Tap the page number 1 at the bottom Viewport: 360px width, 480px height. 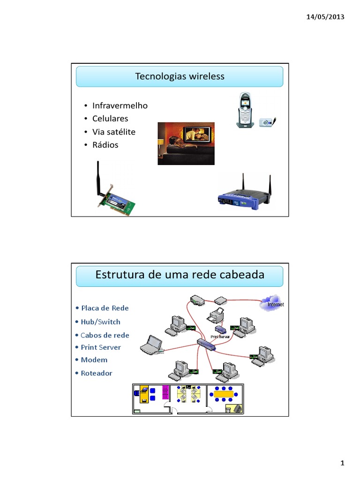tap(342, 464)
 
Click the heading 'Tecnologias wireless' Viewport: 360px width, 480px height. tap(180, 76)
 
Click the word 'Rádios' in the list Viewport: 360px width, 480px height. tap(105, 145)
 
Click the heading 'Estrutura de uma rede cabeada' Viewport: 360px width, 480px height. tap(180, 275)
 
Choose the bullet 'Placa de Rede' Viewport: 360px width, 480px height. tap(105, 308)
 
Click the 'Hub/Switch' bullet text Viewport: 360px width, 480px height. tap(100, 322)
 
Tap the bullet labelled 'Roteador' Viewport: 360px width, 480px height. tap(96, 373)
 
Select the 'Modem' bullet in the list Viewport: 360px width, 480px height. tap(94, 360)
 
